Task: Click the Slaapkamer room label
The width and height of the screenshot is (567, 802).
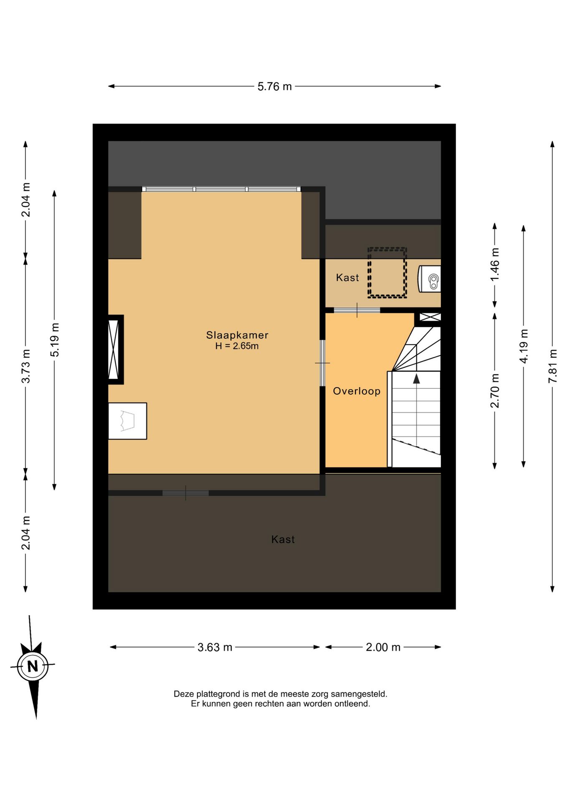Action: point(237,335)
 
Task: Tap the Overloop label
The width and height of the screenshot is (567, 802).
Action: point(357,391)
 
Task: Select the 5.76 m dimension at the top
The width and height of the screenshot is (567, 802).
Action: point(274,86)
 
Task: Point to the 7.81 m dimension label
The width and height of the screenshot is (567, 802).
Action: point(553,366)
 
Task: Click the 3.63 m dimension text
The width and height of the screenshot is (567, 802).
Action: point(215,647)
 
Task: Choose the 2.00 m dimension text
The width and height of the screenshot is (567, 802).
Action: point(383,647)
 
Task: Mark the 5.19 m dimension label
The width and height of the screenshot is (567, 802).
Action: point(55,340)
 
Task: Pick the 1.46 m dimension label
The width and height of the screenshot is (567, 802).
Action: point(495,265)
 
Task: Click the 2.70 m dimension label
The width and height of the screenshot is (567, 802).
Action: point(495,391)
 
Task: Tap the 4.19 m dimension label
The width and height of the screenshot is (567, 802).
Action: point(524,346)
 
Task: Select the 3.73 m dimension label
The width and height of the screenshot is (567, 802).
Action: point(26,366)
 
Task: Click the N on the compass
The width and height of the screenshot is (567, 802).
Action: point(33,666)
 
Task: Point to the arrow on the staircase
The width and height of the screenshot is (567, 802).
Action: point(416,379)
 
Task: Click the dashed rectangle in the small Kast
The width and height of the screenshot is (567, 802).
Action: point(387,272)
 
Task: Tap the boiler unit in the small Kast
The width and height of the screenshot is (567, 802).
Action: point(430,279)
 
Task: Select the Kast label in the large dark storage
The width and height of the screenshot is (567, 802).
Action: point(283,540)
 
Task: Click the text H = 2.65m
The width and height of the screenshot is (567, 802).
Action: point(237,346)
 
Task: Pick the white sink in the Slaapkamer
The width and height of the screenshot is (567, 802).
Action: point(127,421)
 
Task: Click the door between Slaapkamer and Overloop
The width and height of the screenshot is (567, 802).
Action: point(322,363)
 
